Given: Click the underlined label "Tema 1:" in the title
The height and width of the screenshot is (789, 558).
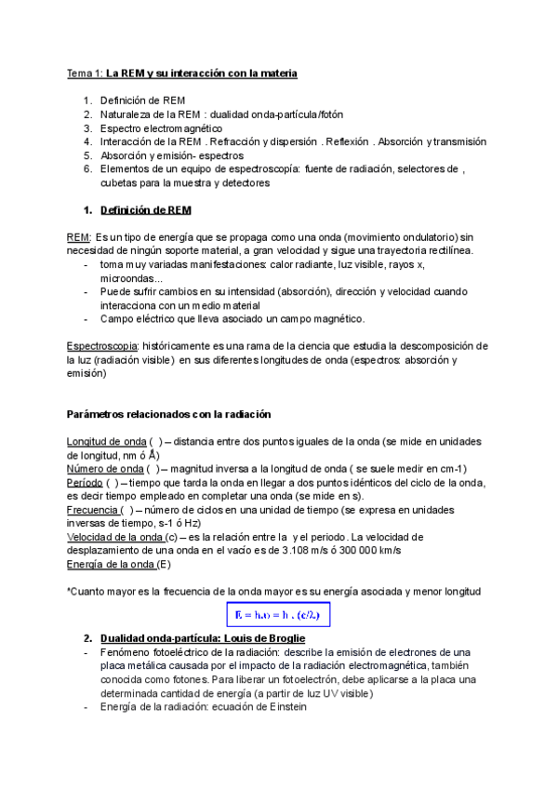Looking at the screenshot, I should [85, 73].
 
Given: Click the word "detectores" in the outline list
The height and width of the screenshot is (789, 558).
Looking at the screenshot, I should [246, 183].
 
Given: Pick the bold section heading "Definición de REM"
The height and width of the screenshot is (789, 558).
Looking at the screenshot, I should [145, 210].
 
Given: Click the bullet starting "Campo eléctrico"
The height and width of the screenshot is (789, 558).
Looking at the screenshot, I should [232, 318].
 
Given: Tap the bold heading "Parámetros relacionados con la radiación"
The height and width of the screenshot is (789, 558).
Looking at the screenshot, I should [168, 413].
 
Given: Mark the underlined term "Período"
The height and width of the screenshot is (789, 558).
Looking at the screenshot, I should [84, 482].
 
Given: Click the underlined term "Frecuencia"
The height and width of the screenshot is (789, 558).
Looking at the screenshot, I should [91, 510].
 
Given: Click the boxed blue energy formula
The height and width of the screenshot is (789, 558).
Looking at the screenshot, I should [279, 615].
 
